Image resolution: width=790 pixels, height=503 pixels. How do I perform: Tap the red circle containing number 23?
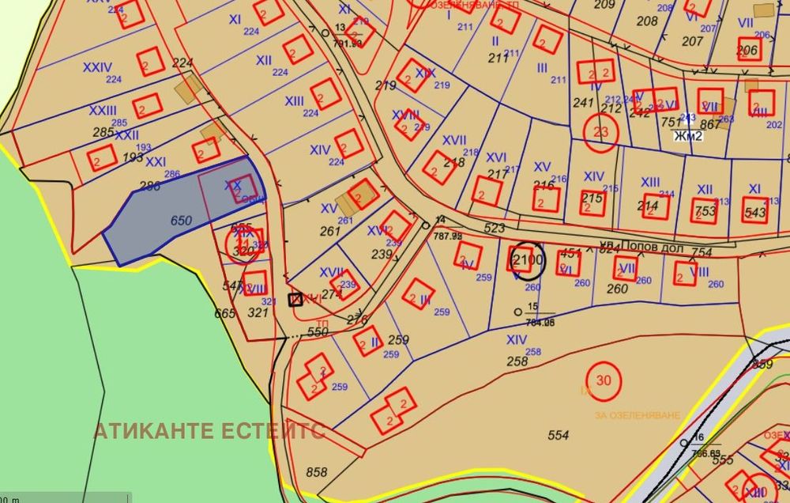[x=600, y=132]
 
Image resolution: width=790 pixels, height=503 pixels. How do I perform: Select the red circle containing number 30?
[x=604, y=380]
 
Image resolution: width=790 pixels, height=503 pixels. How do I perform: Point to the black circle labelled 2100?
[x=528, y=259]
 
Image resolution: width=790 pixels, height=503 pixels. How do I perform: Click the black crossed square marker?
[x=295, y=299]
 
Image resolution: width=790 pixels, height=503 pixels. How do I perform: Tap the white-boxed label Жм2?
[x=687, y=135]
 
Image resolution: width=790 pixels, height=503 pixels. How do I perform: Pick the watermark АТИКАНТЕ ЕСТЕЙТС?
[x=209, y=431]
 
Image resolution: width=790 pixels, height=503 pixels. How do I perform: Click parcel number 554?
[x=558, y=435]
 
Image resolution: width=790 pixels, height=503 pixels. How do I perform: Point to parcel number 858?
[x=316, y=472]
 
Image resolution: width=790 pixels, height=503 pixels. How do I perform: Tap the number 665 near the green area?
[x=225, y=313]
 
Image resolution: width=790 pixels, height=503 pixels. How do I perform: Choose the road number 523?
[x=494, y=228]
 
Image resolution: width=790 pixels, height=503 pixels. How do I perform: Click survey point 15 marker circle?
[x=517, y=311]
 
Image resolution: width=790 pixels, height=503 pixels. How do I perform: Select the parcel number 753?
[x=706, y=212]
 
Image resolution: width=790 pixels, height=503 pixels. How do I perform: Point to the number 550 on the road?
[x=317, y=333]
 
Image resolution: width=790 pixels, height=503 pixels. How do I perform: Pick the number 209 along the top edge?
[x=604, y=5]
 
